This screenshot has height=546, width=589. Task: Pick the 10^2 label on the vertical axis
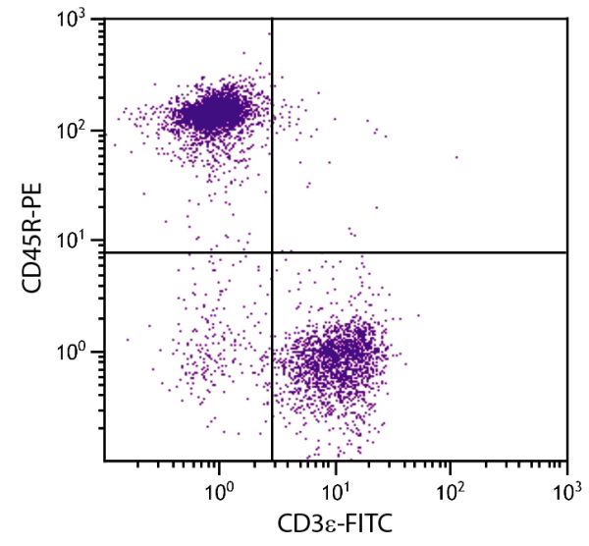point(77,132)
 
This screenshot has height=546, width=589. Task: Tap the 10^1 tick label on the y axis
point(77,242)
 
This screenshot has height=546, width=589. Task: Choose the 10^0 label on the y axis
point(77,351)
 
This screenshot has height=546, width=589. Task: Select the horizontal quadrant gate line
point(422,252)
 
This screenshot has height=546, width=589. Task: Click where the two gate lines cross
point(272,252)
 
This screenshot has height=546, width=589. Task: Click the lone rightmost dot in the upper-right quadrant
point(456,156)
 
